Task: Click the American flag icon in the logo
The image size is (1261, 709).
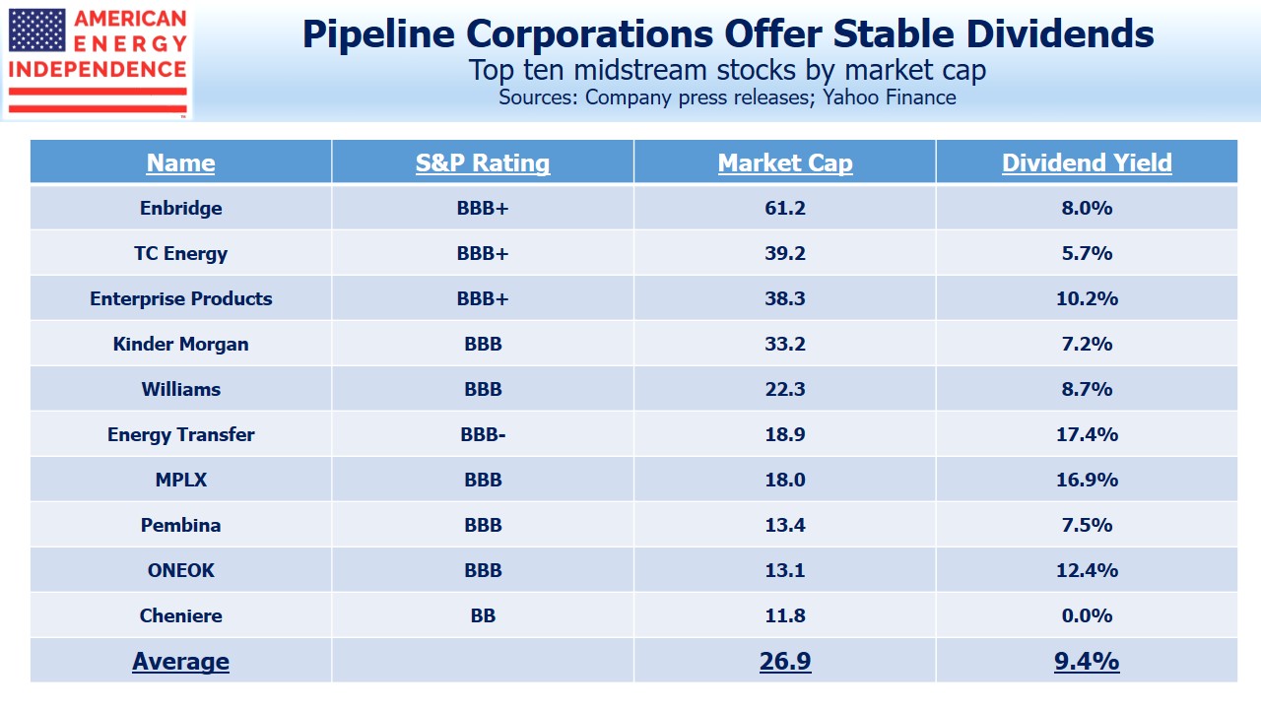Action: click(x=37, y=31)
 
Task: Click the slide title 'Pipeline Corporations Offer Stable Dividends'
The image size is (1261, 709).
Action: click(x=727, y=33)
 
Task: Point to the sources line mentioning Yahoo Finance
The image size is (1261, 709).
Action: click(x=727, y=97)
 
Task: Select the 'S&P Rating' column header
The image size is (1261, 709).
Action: click(x=483, y=162)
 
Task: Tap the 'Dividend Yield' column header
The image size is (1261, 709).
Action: click(x=1087, y=162)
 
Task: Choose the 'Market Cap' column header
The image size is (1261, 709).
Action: click(x=785, y=162)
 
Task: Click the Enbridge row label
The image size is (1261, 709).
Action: click(x=181, y=208)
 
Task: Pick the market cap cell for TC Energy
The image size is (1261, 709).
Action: click(x=785, y=253)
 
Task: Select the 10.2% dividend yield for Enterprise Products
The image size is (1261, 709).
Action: click(x=1087, y=298)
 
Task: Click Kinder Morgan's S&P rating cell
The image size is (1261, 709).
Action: click(x=483, y=344)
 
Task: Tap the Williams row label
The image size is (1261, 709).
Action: click(x=181, y=389)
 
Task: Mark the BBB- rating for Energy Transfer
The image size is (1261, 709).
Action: click(x=483, y=434)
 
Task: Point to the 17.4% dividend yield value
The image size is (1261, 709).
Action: click(x=1087, y=434)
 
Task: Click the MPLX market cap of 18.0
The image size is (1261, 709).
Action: click(x=785, y=480)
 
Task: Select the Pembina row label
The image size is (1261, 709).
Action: click(x=181, y=525)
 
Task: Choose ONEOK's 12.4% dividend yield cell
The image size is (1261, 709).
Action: click(x=1087, y=570)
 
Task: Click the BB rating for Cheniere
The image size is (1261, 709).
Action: click(x=483, y=615)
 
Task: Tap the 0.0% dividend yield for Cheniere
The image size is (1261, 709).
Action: click(x=1087, y=615)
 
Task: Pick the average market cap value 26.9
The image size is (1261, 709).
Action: click(x=785, y=661)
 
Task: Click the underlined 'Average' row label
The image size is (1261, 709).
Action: click(x=181, y=661)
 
